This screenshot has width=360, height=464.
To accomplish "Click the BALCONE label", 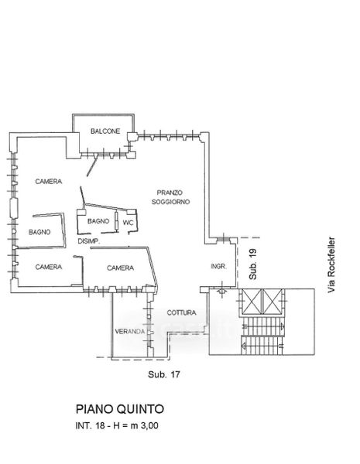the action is (x=105, y=131).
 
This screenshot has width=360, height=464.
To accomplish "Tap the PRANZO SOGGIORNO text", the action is (x=170, y=197).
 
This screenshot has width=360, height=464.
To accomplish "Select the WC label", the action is (x=128, y=223).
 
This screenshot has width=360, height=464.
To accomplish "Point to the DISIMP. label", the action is (x=89, y=241).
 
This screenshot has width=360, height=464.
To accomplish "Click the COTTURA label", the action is (x=181, y=312).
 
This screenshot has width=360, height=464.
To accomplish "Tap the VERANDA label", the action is (x=130, y=332).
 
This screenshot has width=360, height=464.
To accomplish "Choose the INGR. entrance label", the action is (x=218, y=266).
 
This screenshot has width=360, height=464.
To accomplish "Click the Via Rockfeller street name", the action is (x=331, y=264).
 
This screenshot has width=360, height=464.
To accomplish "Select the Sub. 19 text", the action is (x=252, y=264).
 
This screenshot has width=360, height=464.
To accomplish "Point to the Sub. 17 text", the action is (x=164, y=374).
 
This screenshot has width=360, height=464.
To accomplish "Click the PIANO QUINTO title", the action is (x=120, y=409).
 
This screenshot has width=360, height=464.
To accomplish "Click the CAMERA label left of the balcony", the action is (x=49, y=182).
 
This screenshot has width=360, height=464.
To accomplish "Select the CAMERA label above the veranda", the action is (x=120, y=268).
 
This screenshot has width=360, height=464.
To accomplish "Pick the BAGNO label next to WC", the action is (x=98, y=221).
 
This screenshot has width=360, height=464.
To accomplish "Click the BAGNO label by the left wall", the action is (x=39, y=232).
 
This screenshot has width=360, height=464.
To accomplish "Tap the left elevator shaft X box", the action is (x=252, y=302).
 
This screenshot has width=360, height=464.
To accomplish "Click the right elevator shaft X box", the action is (x=272, y=302).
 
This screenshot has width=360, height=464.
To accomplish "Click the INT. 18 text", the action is (x=90, y=426).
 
